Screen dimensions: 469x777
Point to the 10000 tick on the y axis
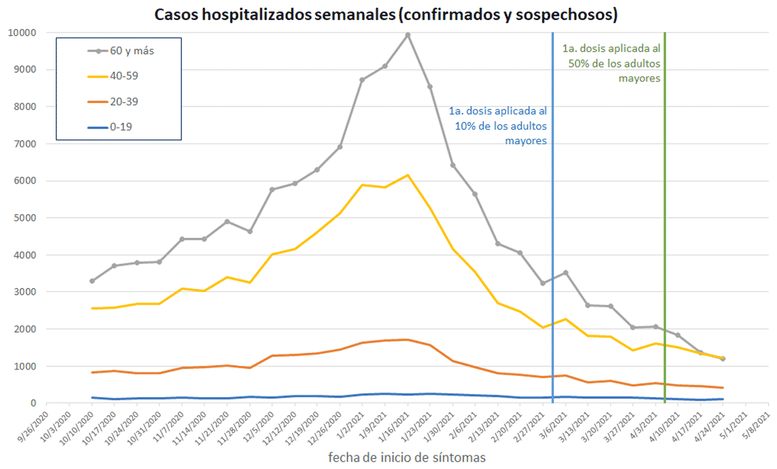pyautogui.click(x=22, y=33)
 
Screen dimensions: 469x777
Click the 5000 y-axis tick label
pyautogui.click(x=25, y=218)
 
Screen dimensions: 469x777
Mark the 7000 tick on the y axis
pyautogui.click(x=25, y=144)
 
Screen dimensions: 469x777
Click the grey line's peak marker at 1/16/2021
pyautogui.click(x=407, y=35)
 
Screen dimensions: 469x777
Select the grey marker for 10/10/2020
pyautogui.click(x=92, y=281)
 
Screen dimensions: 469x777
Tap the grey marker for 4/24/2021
pyautogui.click(x=723, y=359)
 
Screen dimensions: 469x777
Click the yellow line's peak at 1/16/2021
pyautogui.click(x=407, y=175)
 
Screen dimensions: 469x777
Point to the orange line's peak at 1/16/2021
pyautogui.click(x=407, y=340)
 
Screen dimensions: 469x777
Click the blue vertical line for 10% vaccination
pyautogui.click(x=553, y=222)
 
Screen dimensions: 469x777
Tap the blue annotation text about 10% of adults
pyautogui.click(x=498, y=125)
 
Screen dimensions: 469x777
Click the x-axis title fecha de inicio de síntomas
pyautogui.click(x=407, y=457)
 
